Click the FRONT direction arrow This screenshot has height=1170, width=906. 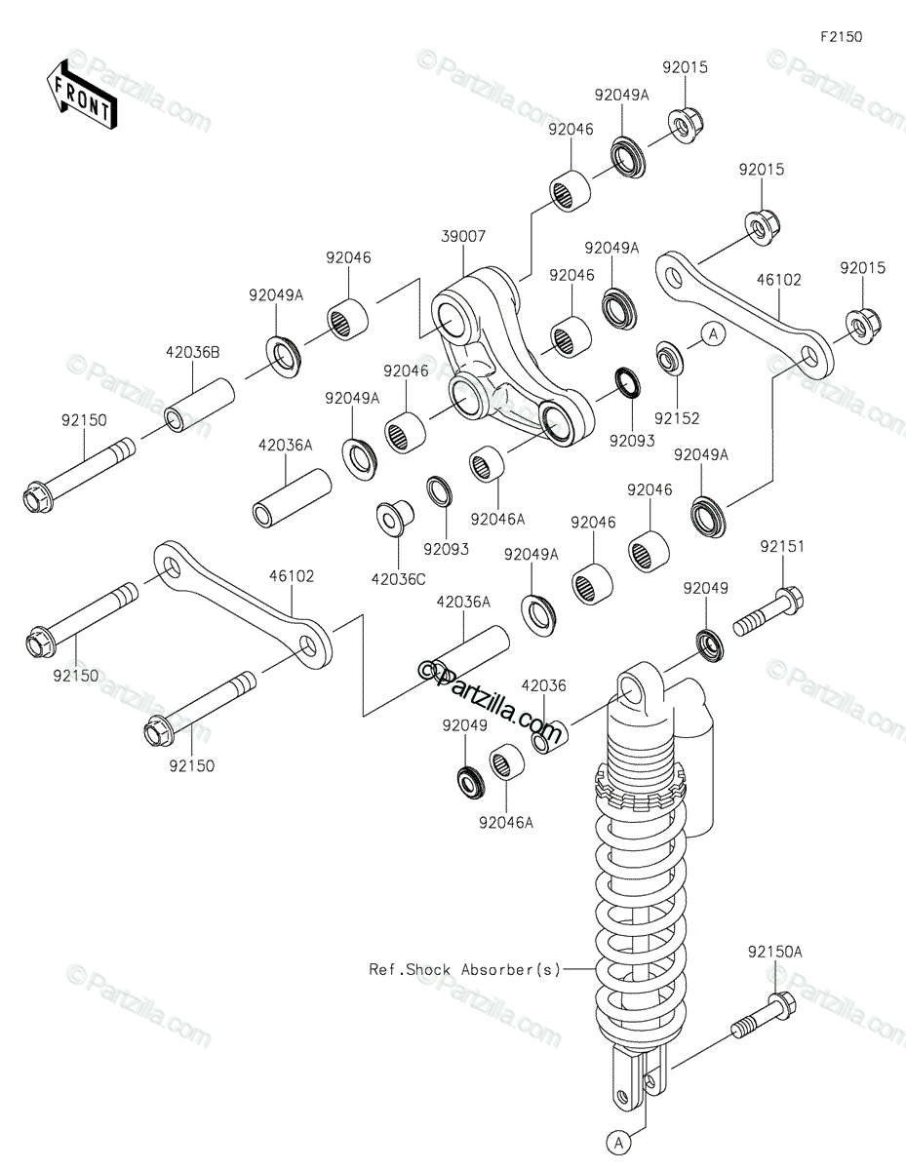81,96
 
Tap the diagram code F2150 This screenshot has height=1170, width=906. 841,37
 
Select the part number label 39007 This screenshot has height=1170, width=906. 463,236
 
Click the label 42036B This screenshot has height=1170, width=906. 193,353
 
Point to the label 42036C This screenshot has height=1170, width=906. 398,579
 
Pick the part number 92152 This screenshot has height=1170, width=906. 677,418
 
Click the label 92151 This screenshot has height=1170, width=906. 782,547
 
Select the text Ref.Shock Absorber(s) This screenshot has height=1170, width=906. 464,970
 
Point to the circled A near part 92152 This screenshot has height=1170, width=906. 714,334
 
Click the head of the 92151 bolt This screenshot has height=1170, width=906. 789,600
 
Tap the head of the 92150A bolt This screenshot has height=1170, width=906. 781,1004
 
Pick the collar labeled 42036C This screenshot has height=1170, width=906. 395,518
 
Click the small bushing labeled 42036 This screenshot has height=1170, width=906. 550,737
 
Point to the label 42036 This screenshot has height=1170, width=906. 544,685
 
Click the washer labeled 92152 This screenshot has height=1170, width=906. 669,358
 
